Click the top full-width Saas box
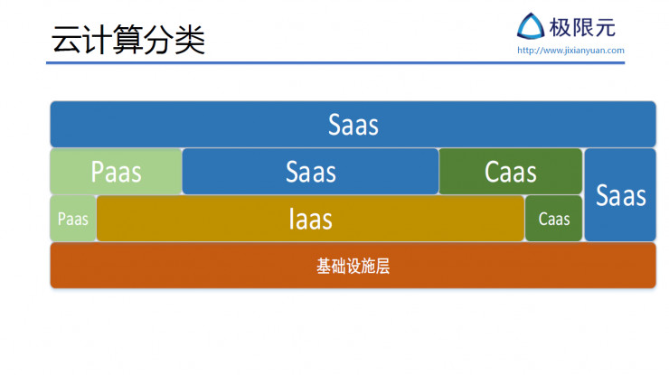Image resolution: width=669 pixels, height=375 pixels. tap(353, 124)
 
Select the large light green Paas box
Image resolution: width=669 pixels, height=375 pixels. tap(116, 172)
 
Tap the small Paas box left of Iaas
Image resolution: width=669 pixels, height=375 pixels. tap(72, 219)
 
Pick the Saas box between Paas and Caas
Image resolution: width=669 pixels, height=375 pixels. tap(310, 172)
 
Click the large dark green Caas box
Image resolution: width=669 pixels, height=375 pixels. tap(510, 172)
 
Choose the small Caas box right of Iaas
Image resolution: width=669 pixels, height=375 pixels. tap(553, 219)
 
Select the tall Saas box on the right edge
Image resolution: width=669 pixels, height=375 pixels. tap(620, 195)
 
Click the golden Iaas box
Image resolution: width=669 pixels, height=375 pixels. tap(310, 219)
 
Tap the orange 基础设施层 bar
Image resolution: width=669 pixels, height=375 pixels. tap(353, 266)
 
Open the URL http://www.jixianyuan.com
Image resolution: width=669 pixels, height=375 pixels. tap(570, 51)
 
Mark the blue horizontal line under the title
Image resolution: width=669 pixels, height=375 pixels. tap(334, 63)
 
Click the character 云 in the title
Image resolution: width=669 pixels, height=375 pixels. tap(67, 41)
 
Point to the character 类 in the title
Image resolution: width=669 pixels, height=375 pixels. tap(191, 41)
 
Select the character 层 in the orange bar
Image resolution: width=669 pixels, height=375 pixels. tap(382, 267)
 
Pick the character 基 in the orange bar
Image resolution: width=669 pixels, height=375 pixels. tap(324, 267)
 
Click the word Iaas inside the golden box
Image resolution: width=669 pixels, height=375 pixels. tap(310, 219)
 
